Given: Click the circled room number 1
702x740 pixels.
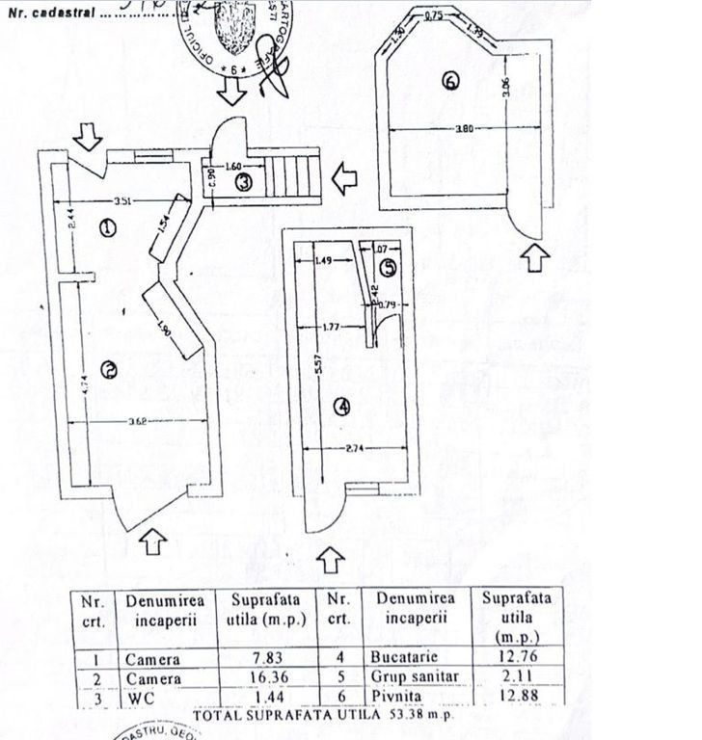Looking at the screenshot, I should pos(107,228).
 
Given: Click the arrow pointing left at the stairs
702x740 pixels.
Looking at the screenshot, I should pos(344,177).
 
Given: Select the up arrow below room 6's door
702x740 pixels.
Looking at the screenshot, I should pos(538,256).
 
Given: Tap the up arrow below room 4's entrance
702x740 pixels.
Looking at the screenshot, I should pos(331,558).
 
